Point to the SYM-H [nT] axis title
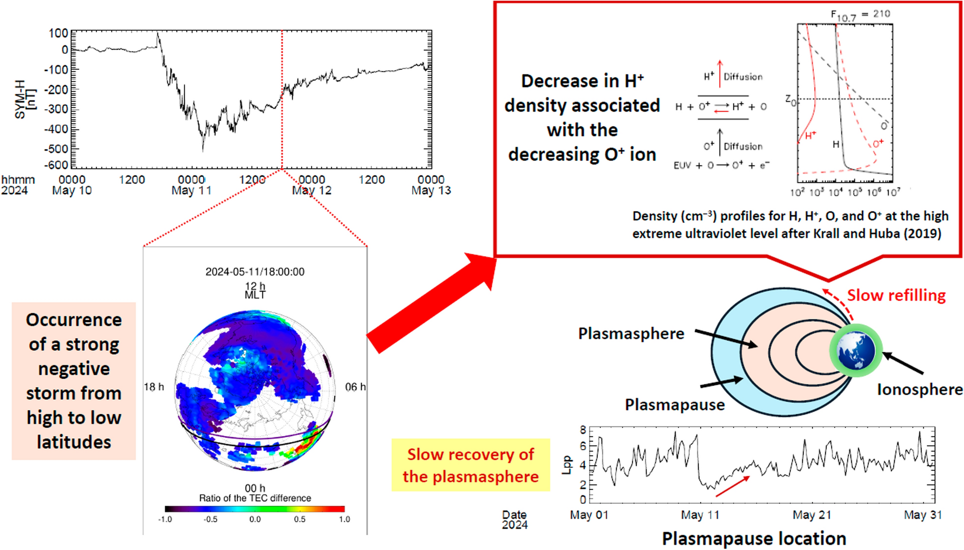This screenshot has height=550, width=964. tap(25, 99)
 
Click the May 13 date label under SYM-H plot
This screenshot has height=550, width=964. tap(431, 190)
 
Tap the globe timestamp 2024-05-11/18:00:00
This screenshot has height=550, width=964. tap(255, 272)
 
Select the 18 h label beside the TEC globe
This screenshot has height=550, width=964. tap(154, 387)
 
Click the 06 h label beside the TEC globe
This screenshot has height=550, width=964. tap(355, 387)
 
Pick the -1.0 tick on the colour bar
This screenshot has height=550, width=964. tap(165, 519)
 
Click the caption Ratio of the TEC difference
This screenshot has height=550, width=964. tap(255, 498)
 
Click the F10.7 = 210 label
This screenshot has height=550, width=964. tap(861, 15)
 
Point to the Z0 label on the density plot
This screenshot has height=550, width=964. tap(790, 101)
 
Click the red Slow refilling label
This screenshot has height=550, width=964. tap(896, 295)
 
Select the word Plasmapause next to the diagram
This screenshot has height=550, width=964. tap(675, 405)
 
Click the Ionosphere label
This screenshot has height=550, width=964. tap(919, 390)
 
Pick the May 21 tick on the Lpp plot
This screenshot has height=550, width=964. tap(811, 515)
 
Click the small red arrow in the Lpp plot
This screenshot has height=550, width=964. tap(733, 486)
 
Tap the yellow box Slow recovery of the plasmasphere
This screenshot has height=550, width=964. tap(470, 465)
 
